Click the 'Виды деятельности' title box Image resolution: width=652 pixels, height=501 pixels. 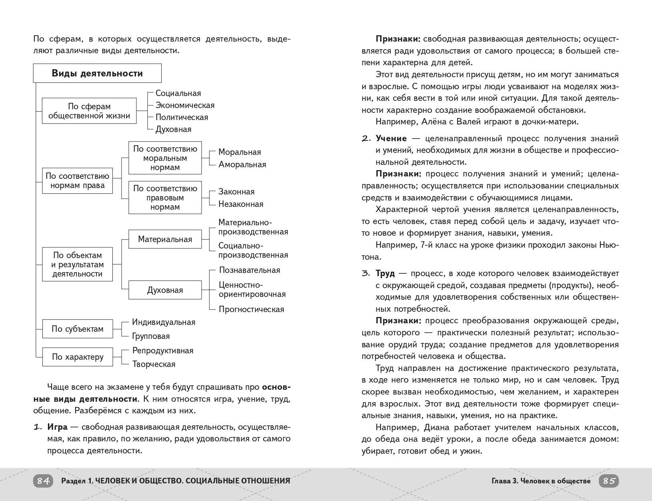pyautogui.click(x=97, y=73)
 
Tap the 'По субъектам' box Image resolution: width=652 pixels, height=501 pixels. pyautogui.click(x=77, y=329)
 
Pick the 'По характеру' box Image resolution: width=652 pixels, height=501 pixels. pyautogui.click(x=77, y=357)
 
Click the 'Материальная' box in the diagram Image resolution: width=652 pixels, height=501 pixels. pyautogui.click(x=165, y=239)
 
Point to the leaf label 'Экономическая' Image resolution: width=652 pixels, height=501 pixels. pyautogui.click(x=185, y=105)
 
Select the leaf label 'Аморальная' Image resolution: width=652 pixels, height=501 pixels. pyautogui.click(x=242, y=164)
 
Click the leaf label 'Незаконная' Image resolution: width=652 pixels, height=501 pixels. pyautogui.click(x=241, y=204)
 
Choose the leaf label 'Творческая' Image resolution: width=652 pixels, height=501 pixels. pyautogui.click(x=154, y=364)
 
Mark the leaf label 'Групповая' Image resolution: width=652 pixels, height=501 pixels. pyautogui.click(x=151, y=336)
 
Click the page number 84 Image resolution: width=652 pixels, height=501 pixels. pyautogui.click(x=43, y=481)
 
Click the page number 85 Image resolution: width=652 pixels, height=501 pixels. pyautogui.click(x=609, y=481)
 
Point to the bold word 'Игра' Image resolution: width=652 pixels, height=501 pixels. pyautogui.click(x=57, y=427)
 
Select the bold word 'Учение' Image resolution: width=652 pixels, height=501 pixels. pyautogui.click(x=391, y=138)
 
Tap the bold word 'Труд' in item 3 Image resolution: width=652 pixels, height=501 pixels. pyautogui.click(x=385, y=273)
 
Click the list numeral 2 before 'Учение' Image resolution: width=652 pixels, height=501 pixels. pyautogui.click(x=366, y=138)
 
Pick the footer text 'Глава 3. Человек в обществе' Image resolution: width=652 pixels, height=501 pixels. pyautogui.click(x=541, y=481)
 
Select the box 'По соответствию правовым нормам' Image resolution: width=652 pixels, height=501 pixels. pyautogui.click(x=165, y=198)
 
